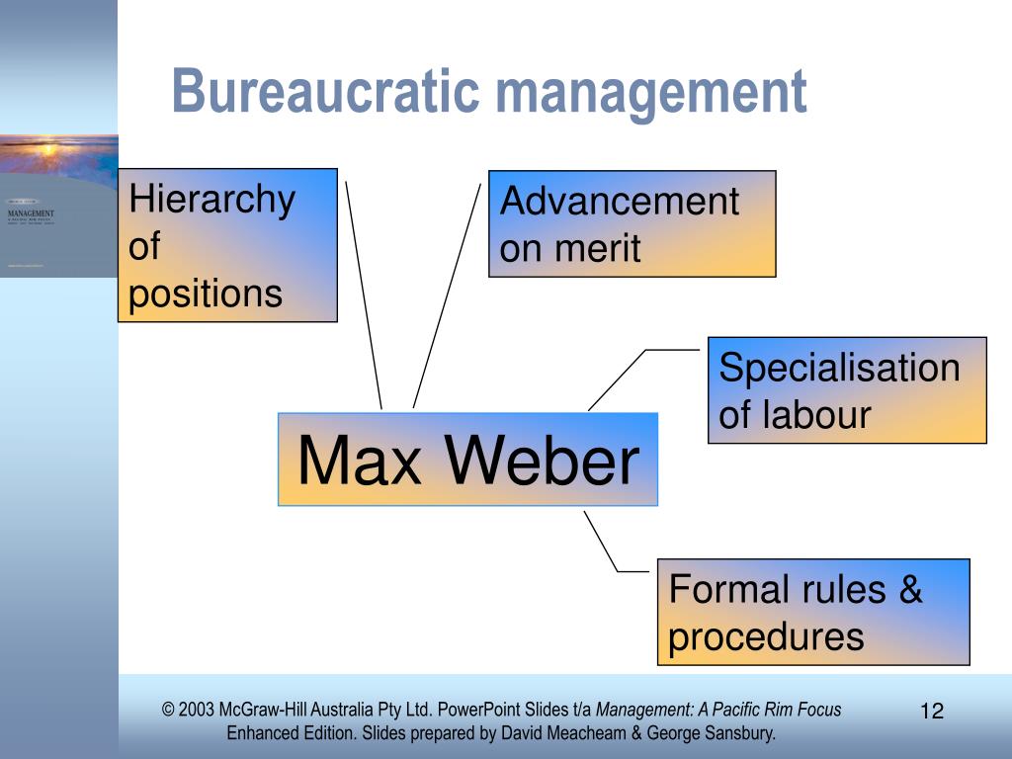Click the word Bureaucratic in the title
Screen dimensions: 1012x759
[326, 92]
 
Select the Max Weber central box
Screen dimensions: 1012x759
[467, 460]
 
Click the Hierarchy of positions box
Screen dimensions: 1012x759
[227, 245]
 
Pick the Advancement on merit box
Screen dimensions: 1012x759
[632, 223]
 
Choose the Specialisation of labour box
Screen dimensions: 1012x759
[847, 390]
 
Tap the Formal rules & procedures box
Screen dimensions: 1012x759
[812, 612]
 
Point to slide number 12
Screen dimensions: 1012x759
[932, 711]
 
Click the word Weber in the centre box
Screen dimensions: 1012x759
[542, 461]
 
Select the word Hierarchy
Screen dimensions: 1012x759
[212, 200]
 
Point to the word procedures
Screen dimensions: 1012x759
[766, 637]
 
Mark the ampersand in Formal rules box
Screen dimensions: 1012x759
[910, 590]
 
